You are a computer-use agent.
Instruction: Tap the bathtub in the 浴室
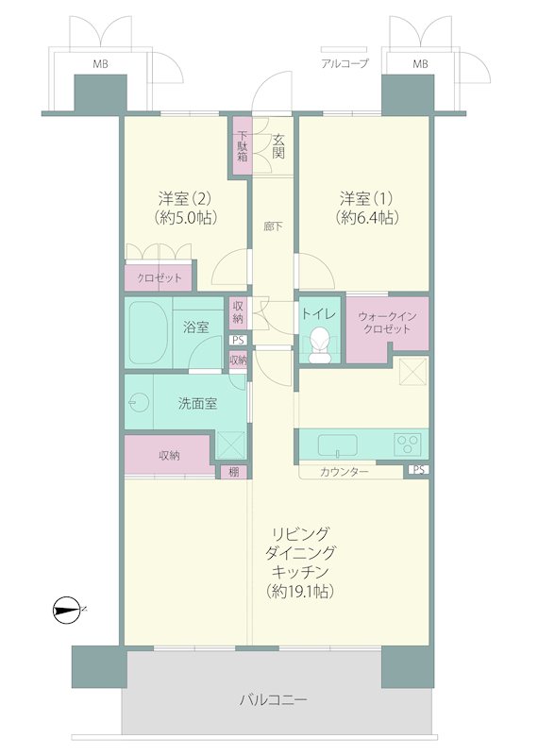[x=147, y=333]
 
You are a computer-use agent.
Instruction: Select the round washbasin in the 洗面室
[x=137, y=402]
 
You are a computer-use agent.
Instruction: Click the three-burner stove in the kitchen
[x=407, y=444]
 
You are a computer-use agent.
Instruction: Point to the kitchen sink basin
[x=337, y=445]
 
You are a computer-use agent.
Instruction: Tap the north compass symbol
[x=66, y=610]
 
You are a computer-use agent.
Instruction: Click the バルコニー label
[x=273, y=699]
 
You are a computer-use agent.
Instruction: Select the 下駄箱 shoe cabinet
[x=243, y=147]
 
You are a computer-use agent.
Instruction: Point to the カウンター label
[x=345, y=471]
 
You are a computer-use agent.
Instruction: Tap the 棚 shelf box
[x=233, y=472]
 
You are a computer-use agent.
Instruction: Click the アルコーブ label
[x=345, y=63]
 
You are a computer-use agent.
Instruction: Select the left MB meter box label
[x=101, y=63]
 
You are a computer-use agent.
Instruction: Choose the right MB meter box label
[x=420, y=63]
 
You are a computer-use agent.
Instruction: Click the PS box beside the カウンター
[x=418, y=470]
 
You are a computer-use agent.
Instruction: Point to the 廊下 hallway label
[x=273, y=226]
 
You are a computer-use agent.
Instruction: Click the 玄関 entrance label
[x=278, y=146]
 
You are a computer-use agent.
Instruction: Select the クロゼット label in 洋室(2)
[x=160, y=277]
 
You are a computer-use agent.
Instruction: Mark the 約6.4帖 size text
[x=367, y=218]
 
